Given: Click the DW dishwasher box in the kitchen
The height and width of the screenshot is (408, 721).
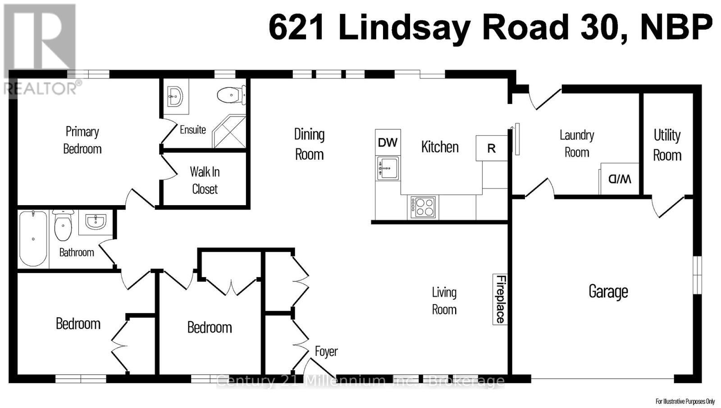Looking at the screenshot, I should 388,143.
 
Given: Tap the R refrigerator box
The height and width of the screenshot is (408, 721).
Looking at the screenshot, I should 491,148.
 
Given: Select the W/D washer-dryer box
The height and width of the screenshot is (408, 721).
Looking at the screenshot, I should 620,179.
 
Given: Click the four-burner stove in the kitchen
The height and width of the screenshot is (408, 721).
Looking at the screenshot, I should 422,207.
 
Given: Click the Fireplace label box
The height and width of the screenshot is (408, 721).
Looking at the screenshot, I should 500,299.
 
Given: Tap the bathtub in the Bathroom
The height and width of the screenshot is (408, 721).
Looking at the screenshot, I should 33,238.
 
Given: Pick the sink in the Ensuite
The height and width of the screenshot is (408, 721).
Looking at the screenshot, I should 175,96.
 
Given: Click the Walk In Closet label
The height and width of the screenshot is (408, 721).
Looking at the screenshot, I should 205,180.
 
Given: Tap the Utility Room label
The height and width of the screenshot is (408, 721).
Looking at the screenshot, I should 667,145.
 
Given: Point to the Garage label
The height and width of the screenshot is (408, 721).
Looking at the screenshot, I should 608,291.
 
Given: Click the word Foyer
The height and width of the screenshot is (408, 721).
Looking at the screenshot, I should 326,351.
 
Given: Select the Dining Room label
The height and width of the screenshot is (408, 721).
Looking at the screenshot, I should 309,144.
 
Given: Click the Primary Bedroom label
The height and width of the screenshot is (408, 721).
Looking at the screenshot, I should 82,140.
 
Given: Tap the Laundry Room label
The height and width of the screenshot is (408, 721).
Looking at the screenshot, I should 577,143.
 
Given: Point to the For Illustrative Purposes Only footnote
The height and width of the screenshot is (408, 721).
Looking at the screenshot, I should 684,401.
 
